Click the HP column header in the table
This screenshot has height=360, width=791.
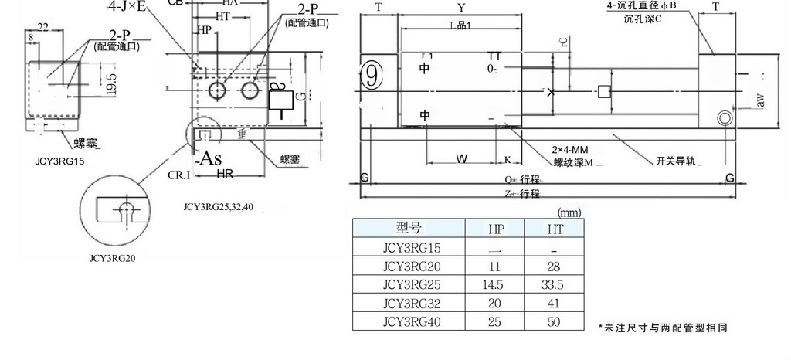tap(495, 228)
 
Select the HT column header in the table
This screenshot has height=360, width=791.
tap(555, 228)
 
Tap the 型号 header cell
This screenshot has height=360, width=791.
tap(409, 228)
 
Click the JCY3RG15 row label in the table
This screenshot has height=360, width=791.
tap(409, 247)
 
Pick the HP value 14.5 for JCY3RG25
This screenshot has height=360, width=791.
tap(495, 284)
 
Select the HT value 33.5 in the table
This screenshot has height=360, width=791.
tap(555, 284)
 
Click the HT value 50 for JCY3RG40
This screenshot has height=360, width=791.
tap(555, 321)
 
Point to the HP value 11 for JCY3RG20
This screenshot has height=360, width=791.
tap(495, 266)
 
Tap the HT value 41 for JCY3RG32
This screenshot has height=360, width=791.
tap(555, 303)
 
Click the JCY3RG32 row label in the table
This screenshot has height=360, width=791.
tap(409, 303)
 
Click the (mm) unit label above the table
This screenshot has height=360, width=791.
tap(569, 211)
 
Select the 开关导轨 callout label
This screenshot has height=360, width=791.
tap(677, 161)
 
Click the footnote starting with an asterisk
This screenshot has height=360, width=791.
tap(662, 328)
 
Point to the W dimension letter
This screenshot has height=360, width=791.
tap(461, 158)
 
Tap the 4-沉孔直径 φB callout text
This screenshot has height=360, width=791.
tap(641, 5)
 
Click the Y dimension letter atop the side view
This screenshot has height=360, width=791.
tap(461, 7)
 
